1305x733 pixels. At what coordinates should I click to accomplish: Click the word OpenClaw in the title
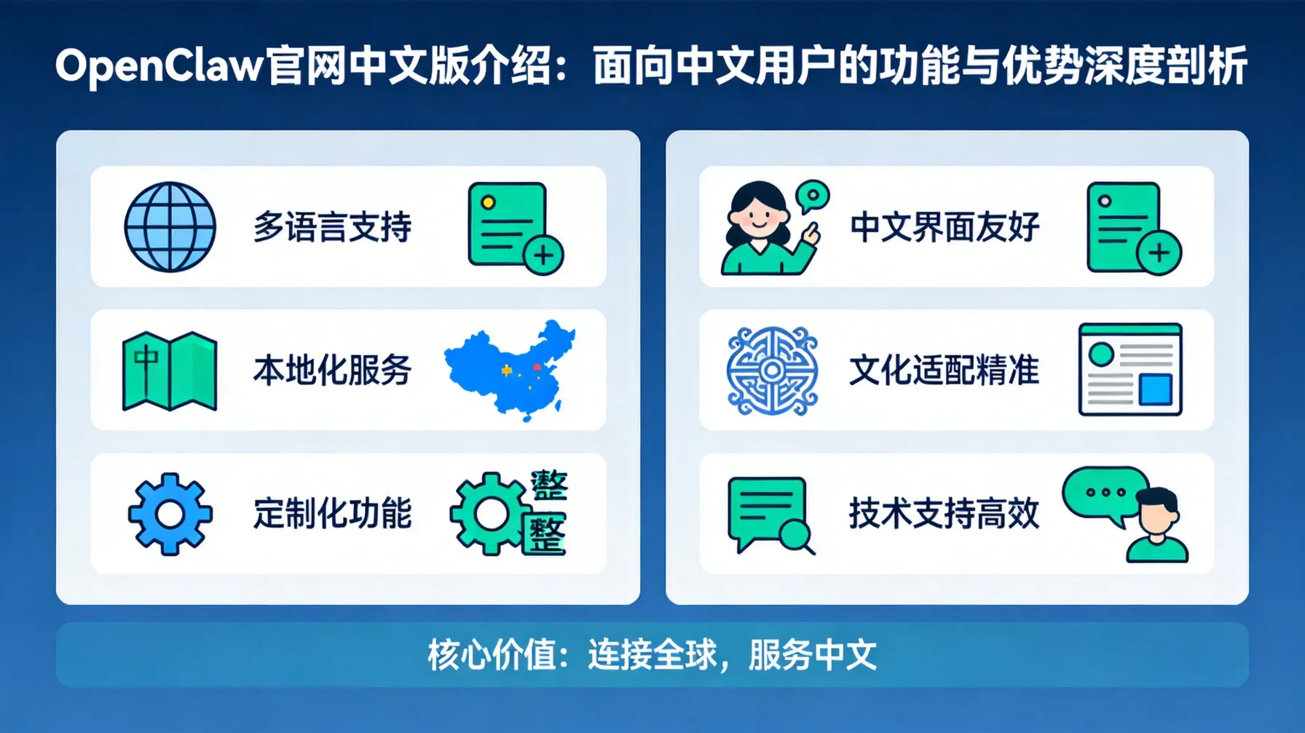pyautogui.click(x=158, y=66)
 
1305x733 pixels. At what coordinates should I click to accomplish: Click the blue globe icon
pyautogui.click(x=170, y=227)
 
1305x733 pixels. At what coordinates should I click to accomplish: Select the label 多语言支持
pyautogui.click(x=332, y=227)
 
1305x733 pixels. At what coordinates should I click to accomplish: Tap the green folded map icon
pyautogui.click(x=170, y=371)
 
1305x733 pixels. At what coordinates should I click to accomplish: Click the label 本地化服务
pyautogui.click(x=332, y=371)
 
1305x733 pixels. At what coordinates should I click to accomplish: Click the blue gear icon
pyautogui.click(x=170, y=514)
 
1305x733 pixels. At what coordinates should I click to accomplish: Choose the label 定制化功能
pyautogui.click(x=332, y=514)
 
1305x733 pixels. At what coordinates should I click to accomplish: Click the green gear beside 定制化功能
pyautogui.click(x=489, y=514)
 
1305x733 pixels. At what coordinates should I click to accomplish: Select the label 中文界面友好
pyautogui.click(x=945, y=227)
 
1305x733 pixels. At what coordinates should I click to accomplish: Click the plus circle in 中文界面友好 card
pyautogui.click(x=1159, y=253)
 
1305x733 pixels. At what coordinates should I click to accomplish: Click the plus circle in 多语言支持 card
pyautogui.click(x=543, y=255)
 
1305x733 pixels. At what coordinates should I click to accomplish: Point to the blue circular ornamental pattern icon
pyautogui.click(x=772, y=371)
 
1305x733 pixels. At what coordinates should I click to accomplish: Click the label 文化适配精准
pyautogui.click(x=945, y=371)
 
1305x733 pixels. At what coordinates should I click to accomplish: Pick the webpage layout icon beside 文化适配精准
pyautogui.click(x=1129, y=370)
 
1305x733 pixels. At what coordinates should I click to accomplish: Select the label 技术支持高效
pyautogui.click(x=945, y=514)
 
